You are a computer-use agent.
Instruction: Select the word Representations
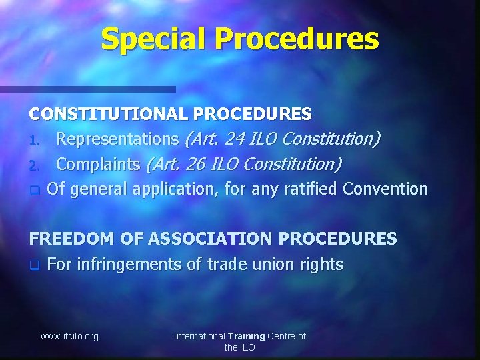pos(117,139)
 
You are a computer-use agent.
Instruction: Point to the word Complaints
pos(97,164)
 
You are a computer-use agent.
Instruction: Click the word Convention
pos(385,189)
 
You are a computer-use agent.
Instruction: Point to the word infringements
pos(129,265)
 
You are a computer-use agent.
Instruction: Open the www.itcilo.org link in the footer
pos(69,336)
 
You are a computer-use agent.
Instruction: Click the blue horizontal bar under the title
pos(87,89)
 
